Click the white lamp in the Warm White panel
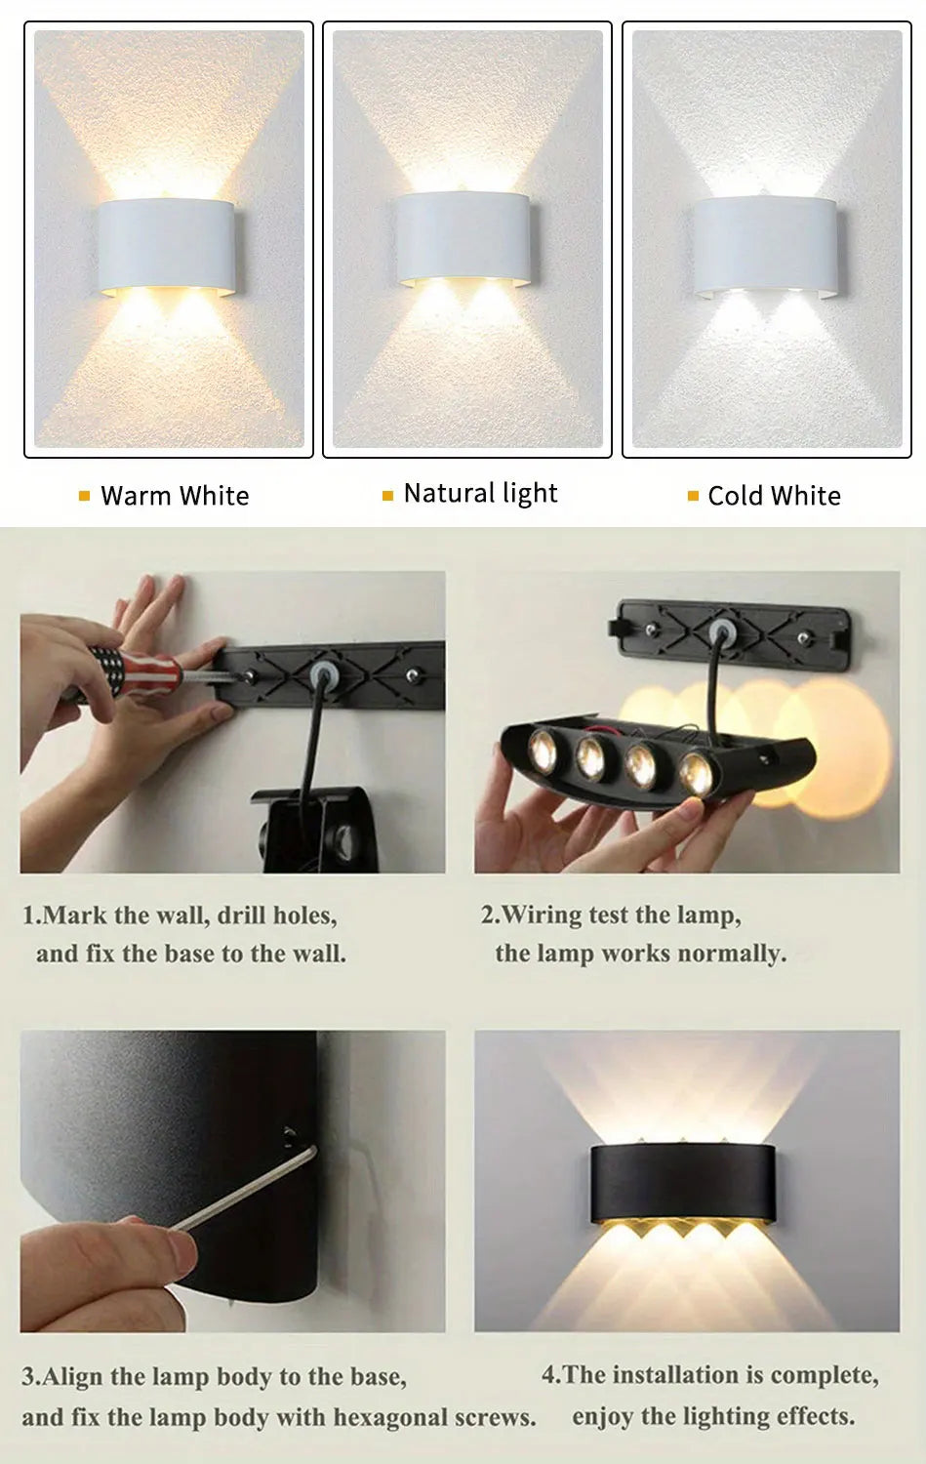[x=167, y=247]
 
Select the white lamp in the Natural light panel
[x=464, y=238]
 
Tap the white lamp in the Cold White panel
[x=766, y=247]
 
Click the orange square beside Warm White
[x=84, y=496]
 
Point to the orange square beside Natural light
[x=388, y=496]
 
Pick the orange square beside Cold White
[x=694, y=496]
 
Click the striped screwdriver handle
[x=134, y=671]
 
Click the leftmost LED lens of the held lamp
[x=543, y=750]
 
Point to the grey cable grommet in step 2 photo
[x=722, y=632]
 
